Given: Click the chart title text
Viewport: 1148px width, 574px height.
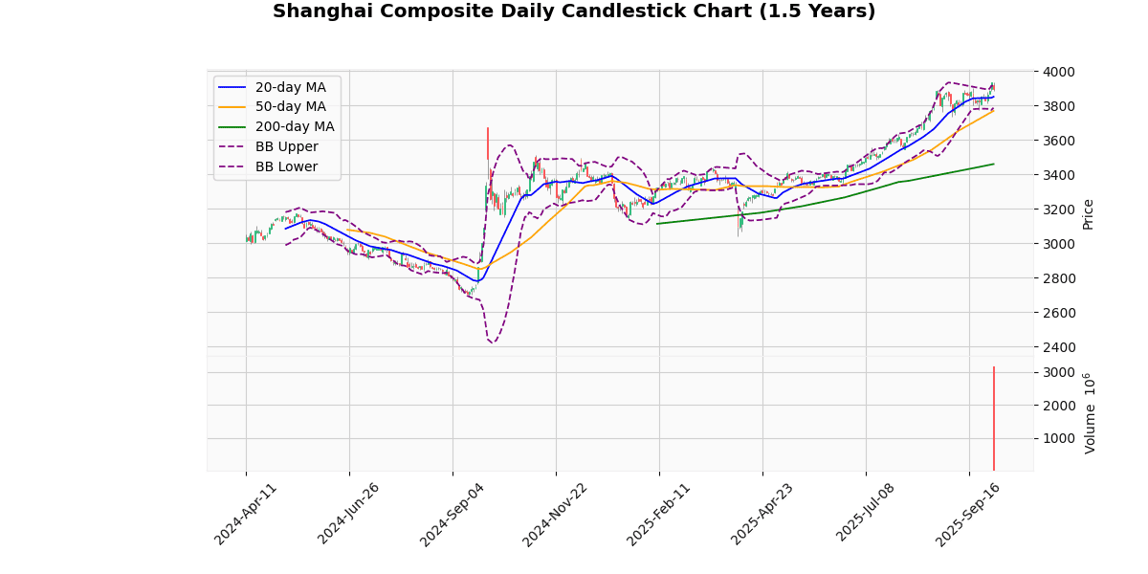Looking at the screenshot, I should coord(574,11).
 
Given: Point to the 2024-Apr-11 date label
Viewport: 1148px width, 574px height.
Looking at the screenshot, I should coord(246,514).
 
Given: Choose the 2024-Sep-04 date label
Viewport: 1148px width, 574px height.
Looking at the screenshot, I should coord(453,514).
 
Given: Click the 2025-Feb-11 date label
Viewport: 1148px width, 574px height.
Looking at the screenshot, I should coord(659,514).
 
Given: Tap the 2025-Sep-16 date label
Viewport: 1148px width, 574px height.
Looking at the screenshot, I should coord(969,514).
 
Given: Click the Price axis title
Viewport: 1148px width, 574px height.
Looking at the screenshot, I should coord(1088,213).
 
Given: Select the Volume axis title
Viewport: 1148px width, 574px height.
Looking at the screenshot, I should coord(1089,413).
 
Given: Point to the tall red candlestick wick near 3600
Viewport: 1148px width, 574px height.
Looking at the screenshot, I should coord(487,143).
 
